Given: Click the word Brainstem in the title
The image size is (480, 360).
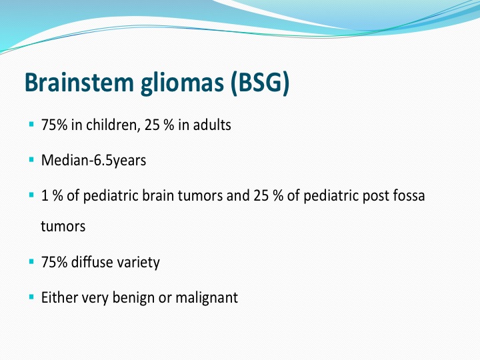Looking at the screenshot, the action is click(79, 82).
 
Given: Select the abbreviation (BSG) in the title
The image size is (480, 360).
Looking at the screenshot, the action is click(260, 83).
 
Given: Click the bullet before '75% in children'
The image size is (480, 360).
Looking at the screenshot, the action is click(31, 124).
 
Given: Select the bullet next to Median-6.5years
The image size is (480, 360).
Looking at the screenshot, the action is click(31, 159).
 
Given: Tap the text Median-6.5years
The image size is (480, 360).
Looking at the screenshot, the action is click(93, 161).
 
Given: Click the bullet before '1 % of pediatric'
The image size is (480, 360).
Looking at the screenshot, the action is click(31, 195).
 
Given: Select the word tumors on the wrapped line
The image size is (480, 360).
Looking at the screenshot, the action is click(63, 227).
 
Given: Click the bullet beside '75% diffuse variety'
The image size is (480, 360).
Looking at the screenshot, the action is click(31, 261).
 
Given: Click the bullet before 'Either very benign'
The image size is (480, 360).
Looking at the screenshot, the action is click(31, 297).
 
